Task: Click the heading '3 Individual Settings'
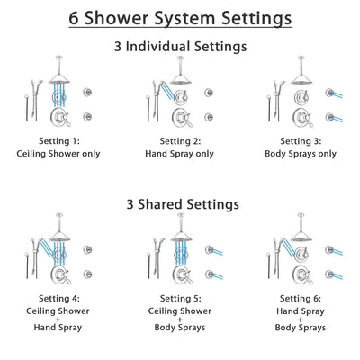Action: [x=180, y=47]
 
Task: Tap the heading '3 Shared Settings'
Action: [x=180, y=204]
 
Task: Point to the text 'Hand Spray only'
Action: [x=180, y=153]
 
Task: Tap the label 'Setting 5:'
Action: [x=180, y=293]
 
